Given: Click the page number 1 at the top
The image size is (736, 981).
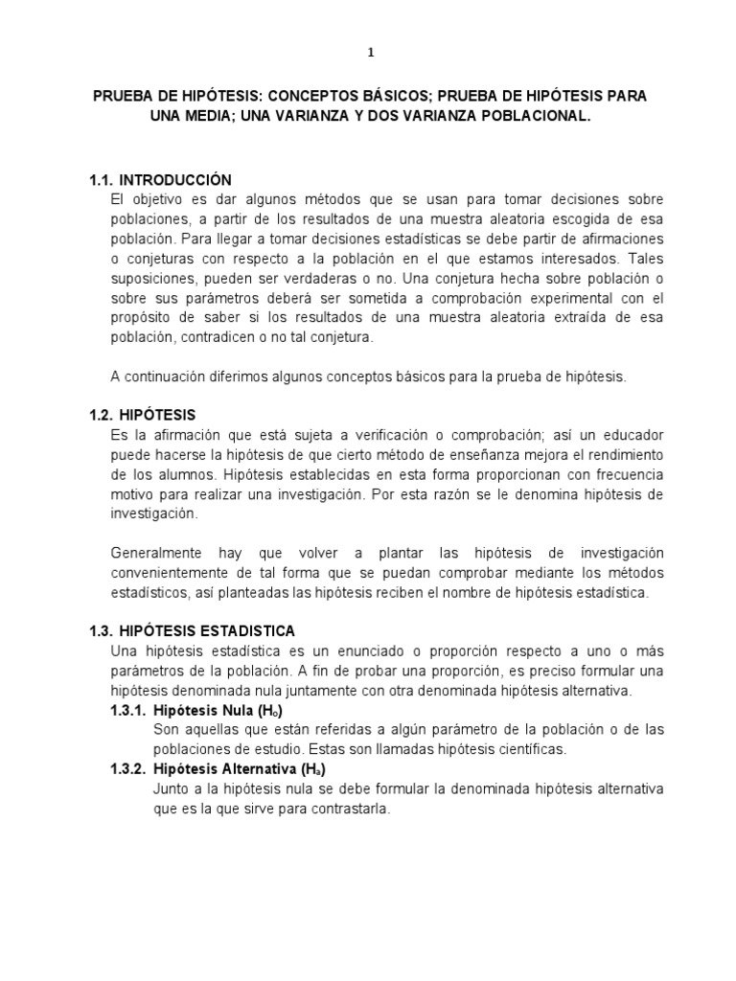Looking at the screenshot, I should (x=371, y=54).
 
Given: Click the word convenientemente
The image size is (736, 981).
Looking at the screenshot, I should (x=180, y=573).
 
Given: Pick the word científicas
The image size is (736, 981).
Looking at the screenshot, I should (x=530, y=748).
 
